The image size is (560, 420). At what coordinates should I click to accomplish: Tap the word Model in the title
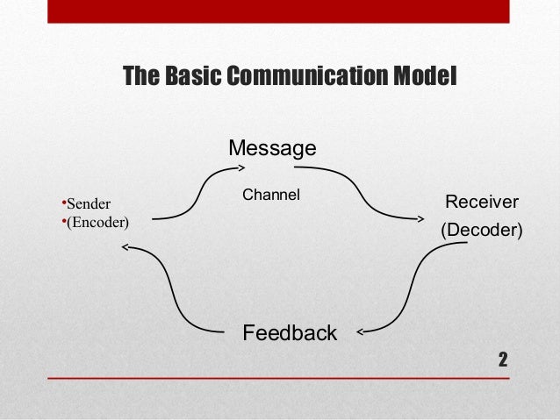click(x=425, y=76)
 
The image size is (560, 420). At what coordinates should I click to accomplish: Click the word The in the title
click(x=139, y=76)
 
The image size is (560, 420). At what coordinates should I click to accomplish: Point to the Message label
click(x=272, y=148)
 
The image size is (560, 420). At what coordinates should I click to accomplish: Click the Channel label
click(x=271, y=194)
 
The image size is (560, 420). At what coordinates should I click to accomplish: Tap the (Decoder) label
click(x=481, y=231)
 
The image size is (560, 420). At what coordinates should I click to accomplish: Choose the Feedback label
click(x=289, y=333)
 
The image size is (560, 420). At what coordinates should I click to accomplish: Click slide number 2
click(x=503, y=359)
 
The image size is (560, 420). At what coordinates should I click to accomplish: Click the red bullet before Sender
click(x=63, y=203)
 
